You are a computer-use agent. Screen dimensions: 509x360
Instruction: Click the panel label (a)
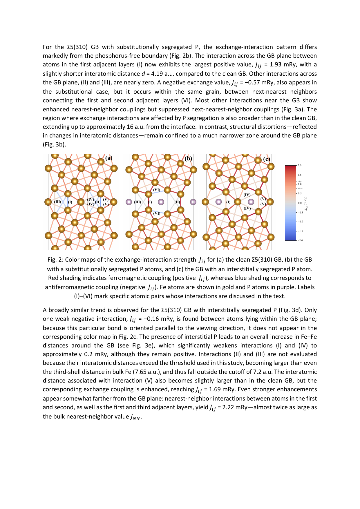109,158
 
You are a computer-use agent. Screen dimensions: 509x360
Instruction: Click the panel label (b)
188,158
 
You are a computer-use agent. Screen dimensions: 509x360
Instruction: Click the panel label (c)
267,159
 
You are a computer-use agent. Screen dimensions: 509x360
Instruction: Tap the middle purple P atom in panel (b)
161,202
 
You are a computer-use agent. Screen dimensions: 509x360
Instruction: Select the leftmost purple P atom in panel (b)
129,202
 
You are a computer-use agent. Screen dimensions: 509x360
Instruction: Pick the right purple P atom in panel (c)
251,202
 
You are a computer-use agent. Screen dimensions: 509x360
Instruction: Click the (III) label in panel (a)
57,202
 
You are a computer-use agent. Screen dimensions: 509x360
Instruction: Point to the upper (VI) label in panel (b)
157,190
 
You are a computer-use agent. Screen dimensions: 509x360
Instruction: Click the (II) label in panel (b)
177,202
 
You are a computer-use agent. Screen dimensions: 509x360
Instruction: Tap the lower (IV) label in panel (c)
247,209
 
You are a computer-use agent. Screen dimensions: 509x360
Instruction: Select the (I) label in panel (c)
228,202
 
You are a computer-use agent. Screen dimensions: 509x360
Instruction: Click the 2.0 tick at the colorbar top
300,165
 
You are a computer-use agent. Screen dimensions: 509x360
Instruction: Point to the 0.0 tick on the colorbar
300,203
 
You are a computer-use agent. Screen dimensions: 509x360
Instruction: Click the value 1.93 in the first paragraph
276,65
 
